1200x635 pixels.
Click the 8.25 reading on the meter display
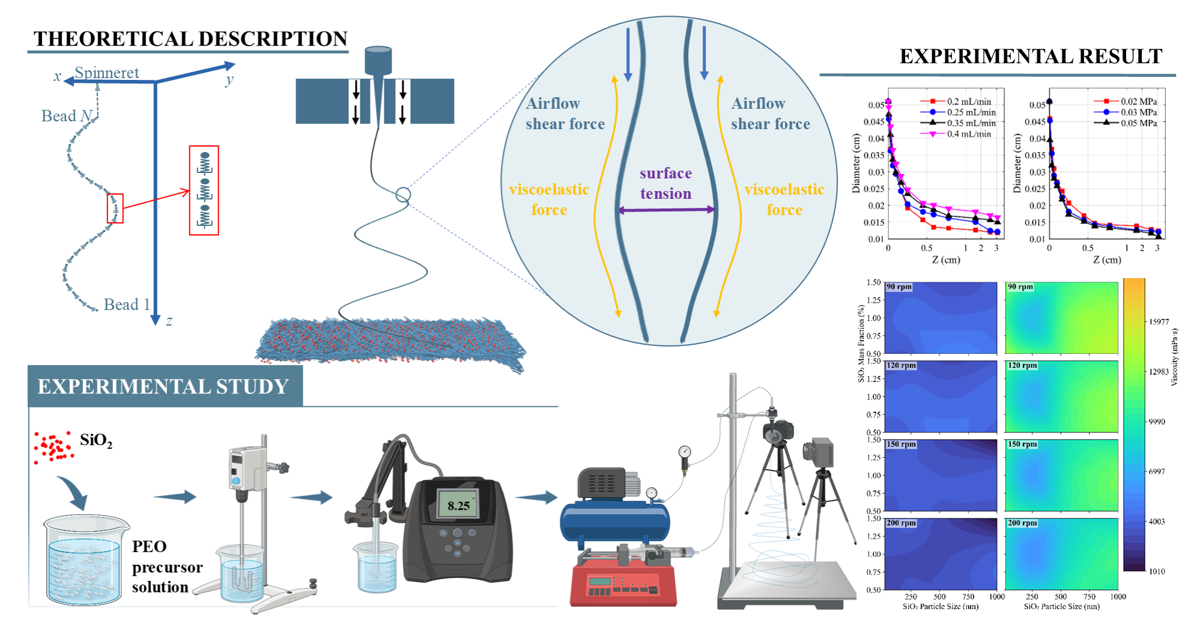click(x=458, y=506)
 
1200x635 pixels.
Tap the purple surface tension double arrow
click(x=667, y=210)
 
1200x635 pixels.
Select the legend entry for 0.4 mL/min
click(x=969, y=134)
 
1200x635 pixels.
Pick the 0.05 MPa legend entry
click(x=1138, y=123)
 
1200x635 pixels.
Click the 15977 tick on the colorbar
click(x=1159, y=322)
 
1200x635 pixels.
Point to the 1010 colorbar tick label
click(x=1156, y=571)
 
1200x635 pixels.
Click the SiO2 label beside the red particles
click(x=95, y=440)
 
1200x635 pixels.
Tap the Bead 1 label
click(x=126, y=305)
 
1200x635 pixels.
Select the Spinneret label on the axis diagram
click(x=107, y=73)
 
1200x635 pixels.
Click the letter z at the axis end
click(x=169, y=321)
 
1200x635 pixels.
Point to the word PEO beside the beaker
click(x=149, y=546)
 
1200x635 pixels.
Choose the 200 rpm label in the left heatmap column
click(x=901, y=523)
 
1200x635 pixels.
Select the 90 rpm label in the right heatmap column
click(x=1020, y=287)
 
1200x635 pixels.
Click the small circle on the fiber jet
click(x=403, y=195)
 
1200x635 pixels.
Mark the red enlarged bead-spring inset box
click(x=204, y=190)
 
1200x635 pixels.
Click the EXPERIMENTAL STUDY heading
click(x=163, y=386)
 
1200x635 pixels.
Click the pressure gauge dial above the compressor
click(x=685, y=452)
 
